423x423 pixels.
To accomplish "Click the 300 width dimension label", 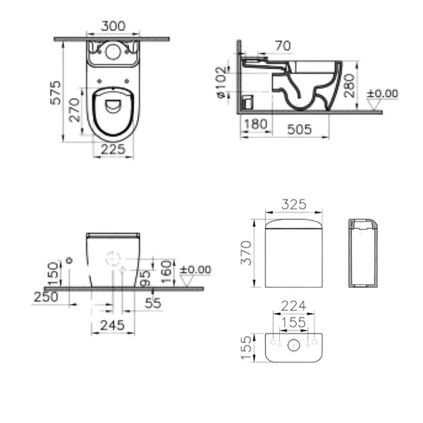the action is pyautogui.click(x=113, y=26).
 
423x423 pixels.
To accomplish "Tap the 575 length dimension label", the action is pyautogui.click(x=56, y=92).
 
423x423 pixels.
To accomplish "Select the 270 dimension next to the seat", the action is pyautogui.click(x=75, y=110).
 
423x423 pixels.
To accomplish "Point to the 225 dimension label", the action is pyautogui.click(x=113, y=149).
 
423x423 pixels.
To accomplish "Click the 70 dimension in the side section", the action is pyautogui.click(x=283, y=46).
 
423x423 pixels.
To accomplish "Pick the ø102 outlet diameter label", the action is pyautogui.click(x=221, y=82).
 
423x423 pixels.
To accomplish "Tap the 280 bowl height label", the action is pyautogui.click(x=350, y=85).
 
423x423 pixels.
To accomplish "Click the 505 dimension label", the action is pyautogui.click(x=300, y=130).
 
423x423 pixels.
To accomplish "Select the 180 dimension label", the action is pyautogui.click(x=255, y=124).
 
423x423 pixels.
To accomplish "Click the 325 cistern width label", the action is pyautogui.click(x=294, y=204).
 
